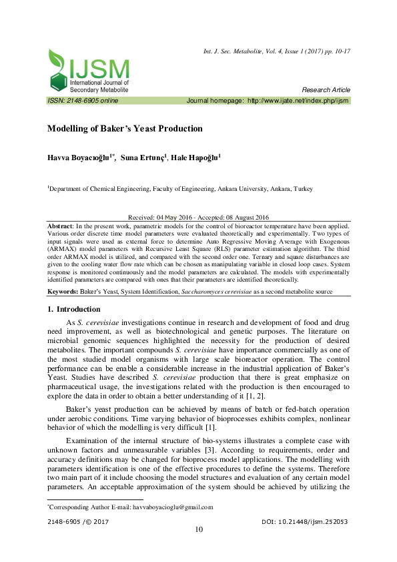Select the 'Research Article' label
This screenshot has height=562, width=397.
(326, 90)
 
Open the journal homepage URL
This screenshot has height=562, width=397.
(298, 100)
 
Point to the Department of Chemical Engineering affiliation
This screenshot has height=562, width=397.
(179, 189)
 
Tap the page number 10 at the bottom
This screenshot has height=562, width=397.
(198, 530)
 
